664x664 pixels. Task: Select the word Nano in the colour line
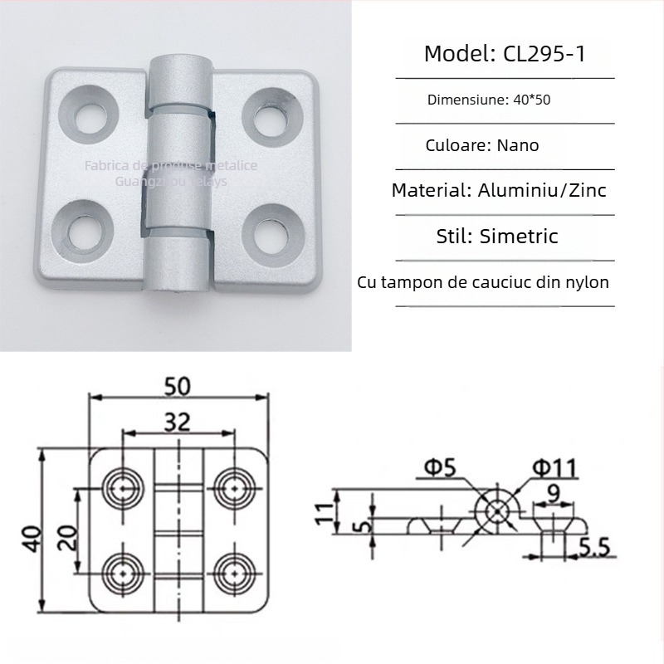[518, 145]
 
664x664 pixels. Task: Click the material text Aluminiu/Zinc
[542, 190]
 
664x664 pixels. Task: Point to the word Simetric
[520, 236]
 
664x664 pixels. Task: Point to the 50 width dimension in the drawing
[178, 387]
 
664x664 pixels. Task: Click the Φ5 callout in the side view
[439, 469]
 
